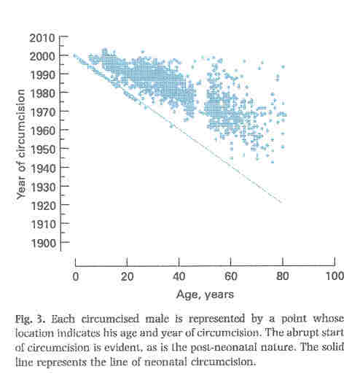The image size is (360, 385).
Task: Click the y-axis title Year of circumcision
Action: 23,141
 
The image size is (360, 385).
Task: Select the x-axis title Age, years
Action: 204,295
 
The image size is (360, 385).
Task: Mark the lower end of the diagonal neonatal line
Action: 281,202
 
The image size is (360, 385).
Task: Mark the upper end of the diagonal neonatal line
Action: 75,55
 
